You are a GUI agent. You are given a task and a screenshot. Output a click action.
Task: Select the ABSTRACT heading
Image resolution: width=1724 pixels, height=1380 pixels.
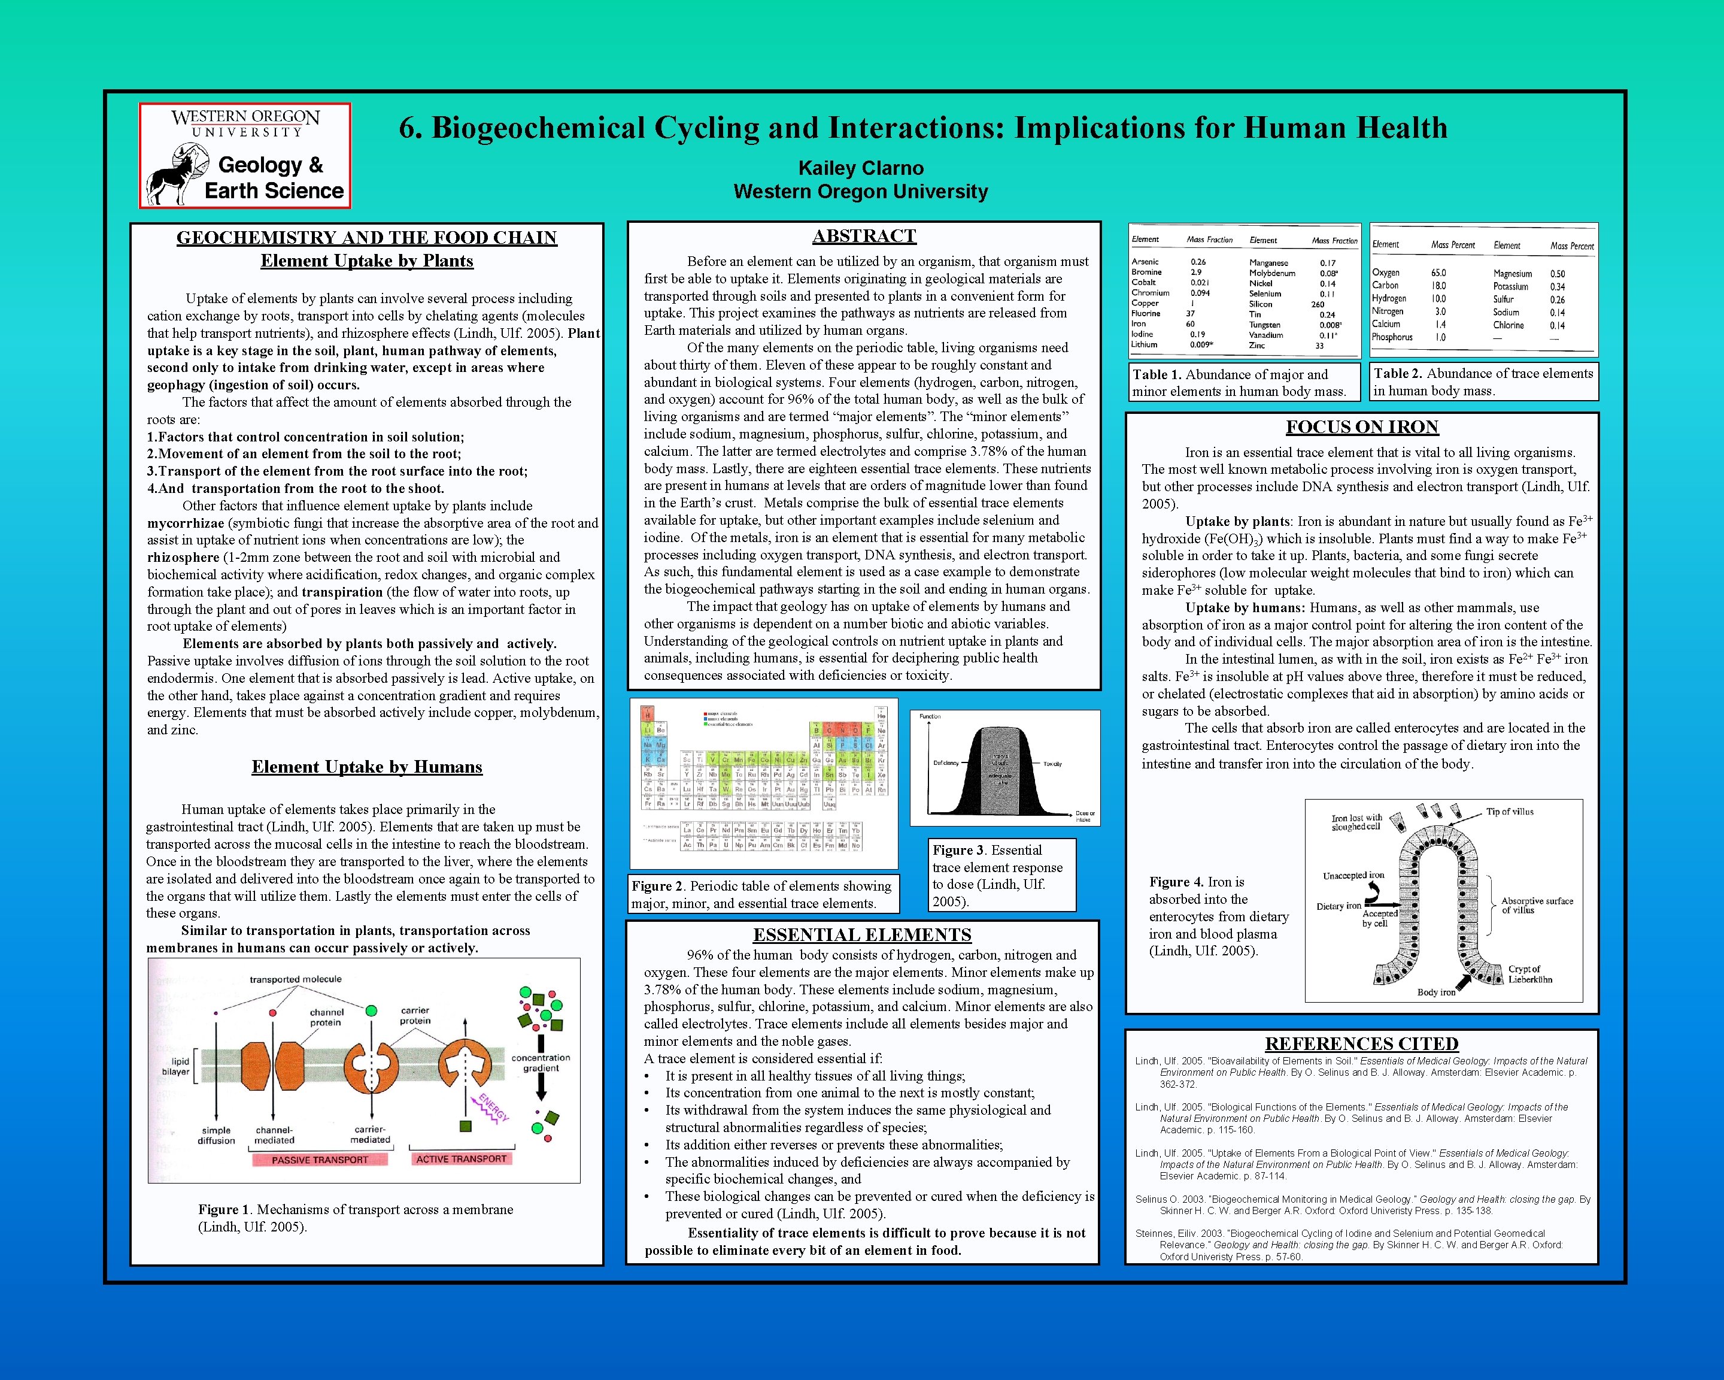pos(864,236)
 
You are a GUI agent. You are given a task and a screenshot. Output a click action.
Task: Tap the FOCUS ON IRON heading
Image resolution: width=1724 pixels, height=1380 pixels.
pos(1362,427)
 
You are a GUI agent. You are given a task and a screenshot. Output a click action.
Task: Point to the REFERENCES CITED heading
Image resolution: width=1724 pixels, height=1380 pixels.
pos(1361,1043)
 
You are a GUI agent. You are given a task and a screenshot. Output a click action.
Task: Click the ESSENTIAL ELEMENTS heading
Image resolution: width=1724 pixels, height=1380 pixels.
pos(862,934)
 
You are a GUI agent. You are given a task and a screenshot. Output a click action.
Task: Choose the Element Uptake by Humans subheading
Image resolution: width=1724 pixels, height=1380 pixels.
pos(367,767)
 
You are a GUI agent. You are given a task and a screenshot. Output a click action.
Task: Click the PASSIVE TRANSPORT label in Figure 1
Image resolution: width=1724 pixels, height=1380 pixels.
pos(320,1159)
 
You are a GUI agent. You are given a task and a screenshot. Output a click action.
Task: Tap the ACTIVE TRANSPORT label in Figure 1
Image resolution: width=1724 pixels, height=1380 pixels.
pos(462,1158)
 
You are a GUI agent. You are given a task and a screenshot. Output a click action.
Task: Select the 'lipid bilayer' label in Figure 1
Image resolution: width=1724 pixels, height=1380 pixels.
pos(176,1066)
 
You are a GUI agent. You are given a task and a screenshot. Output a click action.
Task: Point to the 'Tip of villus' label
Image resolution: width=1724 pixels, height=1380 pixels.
pos(1510,811)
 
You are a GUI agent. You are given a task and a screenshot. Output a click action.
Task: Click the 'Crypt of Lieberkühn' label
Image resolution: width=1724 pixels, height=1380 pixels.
pos(1529,973)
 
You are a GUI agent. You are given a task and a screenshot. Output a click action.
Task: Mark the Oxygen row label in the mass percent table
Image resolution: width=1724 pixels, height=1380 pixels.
pos(1386,273)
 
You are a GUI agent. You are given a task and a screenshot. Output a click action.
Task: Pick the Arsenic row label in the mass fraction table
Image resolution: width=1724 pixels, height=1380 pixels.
pos(1145,262)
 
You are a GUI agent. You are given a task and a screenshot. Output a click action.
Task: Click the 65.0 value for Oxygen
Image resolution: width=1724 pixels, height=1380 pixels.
pos(1438,273)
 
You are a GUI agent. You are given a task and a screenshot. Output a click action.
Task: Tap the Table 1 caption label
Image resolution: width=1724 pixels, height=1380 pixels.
pos(1157,374)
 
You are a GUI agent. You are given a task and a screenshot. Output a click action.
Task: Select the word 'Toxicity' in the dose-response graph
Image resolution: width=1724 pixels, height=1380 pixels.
pos(1052,764)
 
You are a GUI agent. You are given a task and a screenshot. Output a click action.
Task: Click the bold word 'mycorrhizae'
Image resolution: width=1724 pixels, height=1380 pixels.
pos(186,523)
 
